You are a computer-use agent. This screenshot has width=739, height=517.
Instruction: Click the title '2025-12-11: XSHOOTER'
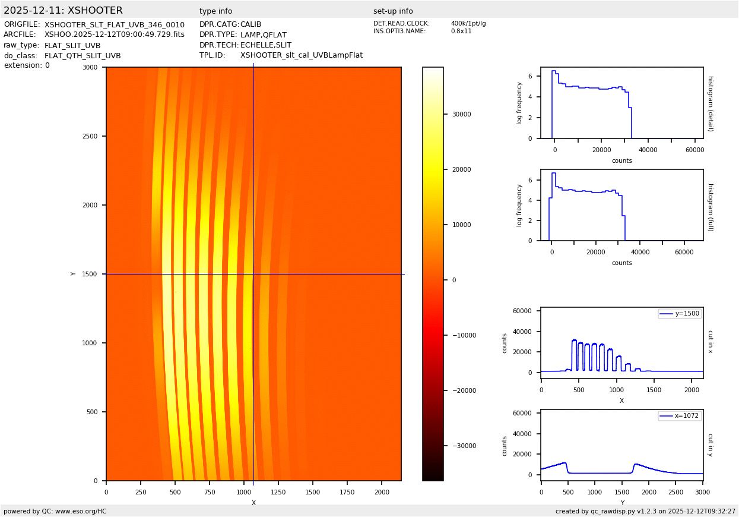tap(63, 11)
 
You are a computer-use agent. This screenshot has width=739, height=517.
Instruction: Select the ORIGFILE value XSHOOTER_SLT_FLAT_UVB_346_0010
tap(115, 25)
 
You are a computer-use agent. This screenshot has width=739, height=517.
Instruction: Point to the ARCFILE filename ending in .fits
tap(115, 34)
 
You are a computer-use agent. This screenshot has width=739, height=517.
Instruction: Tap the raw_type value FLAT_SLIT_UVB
tap(72, 45)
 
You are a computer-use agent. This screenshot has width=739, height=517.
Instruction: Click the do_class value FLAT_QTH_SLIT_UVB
tap(83, 56)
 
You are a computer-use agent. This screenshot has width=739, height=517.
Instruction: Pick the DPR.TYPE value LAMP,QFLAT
tap(264, 35)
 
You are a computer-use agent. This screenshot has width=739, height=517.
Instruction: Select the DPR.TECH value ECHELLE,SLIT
tap(266, 45)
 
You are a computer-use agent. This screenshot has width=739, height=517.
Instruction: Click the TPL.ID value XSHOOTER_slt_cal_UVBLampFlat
tap(302, 55)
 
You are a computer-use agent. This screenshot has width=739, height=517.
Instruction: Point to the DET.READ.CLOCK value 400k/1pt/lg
tap(468, 24)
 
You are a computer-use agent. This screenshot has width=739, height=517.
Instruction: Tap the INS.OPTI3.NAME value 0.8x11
tap(461, 31)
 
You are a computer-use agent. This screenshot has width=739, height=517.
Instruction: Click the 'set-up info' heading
tap(393, 11)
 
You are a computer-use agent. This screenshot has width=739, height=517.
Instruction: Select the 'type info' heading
tap(216, 11)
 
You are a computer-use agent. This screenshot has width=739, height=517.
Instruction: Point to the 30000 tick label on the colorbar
tap(461, 114)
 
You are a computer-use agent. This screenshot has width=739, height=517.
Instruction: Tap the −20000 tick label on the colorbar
tap(464, 390)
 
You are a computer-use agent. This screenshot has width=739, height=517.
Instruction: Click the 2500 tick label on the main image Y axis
tap(91, 136)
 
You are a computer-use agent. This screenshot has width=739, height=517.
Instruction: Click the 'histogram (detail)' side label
tap(710, 103)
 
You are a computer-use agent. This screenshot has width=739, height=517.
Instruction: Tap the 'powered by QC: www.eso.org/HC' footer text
tap(55, 511)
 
